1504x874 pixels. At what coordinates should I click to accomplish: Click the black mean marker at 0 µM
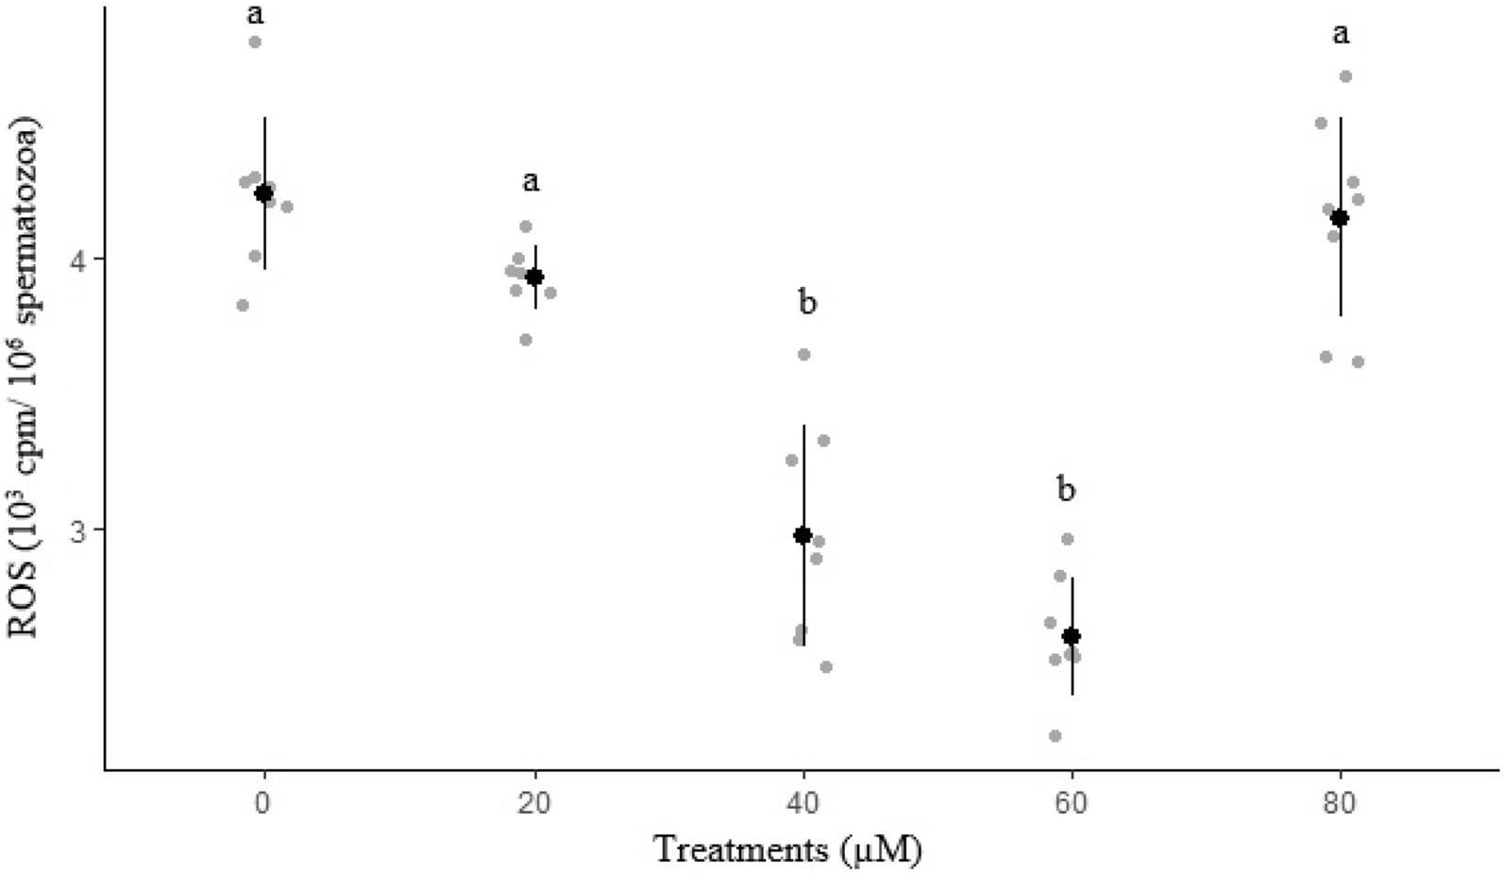pyautogui.click(x=264, y=193)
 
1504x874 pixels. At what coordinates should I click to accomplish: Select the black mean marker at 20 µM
pyautogui.click(x=534, y=277)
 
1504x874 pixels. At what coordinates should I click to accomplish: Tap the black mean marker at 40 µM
pyautogui.click(x=803, y=535)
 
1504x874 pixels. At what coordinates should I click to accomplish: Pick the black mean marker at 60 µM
pyautogui.click(x=1072, y=636)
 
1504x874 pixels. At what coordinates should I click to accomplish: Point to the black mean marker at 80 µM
pyautogui.click(x=1340, y=218)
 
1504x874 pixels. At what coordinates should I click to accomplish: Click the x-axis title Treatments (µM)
pyautogui.click(x=788, y=849)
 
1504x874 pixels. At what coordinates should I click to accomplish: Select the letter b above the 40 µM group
pyautogui.click(x=806, y=303)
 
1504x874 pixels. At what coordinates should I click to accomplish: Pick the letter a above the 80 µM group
pyautogui.click(x=1341, y=36)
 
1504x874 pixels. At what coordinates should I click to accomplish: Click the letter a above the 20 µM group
pyautogui.click(x=532, y=181)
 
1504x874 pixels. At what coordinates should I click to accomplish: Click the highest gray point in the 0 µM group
pyautogui.click(x=255, y=42)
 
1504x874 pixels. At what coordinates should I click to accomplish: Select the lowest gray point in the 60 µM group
pyautogui.click(x=1056, y=735)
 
